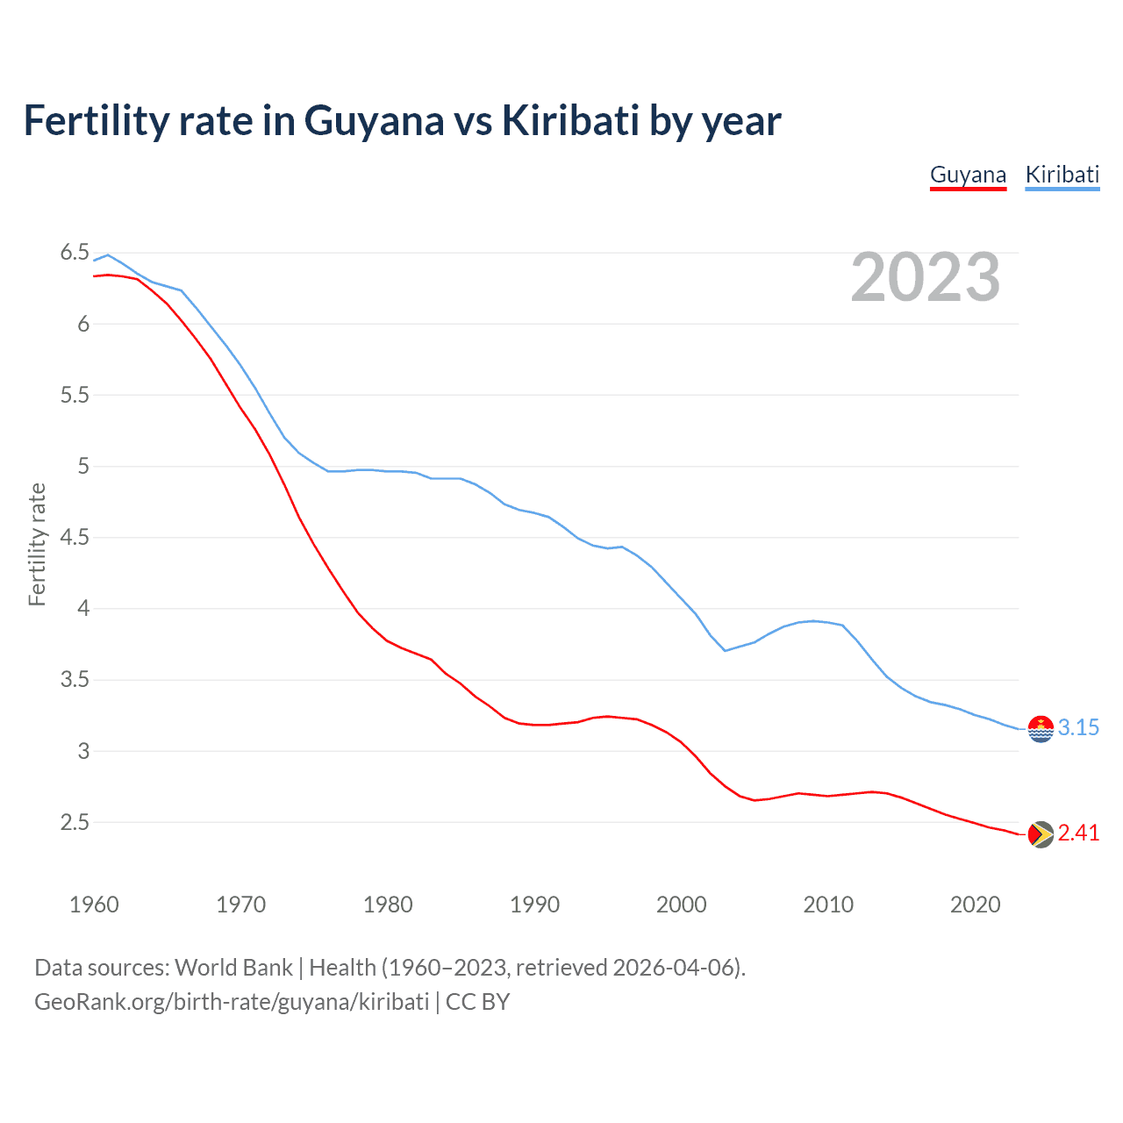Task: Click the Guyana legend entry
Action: click(x=968, y=175)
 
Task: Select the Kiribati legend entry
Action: click(x=1062, y=175)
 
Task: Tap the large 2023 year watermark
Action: click(x=925, y=277)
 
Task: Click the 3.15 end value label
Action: click(x=1078, y=727)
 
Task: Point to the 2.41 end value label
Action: click(x=1078, y=833)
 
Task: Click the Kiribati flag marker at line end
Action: click(x=1041, y=728)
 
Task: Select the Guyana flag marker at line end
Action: click(x=1041, y=834)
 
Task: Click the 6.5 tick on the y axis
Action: click(x=75, y=253)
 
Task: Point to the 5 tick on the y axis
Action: click(x=83, y=466)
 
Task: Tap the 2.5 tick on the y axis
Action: click(x=75, y=822)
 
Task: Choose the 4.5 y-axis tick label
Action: click(x=75, y=537)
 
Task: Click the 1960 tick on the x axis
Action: click(x=94, y=905)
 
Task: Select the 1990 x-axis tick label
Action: click(x=534, y=905)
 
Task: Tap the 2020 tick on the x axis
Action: click(x=975, y=905)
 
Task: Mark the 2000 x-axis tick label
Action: click(x=681, y=905)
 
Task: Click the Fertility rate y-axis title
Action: click(x=37, y=544)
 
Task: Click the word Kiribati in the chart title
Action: click(x=569, y=120)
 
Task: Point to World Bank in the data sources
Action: click(x=233, y=968)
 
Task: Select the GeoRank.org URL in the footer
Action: click(x=232, y=1002)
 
